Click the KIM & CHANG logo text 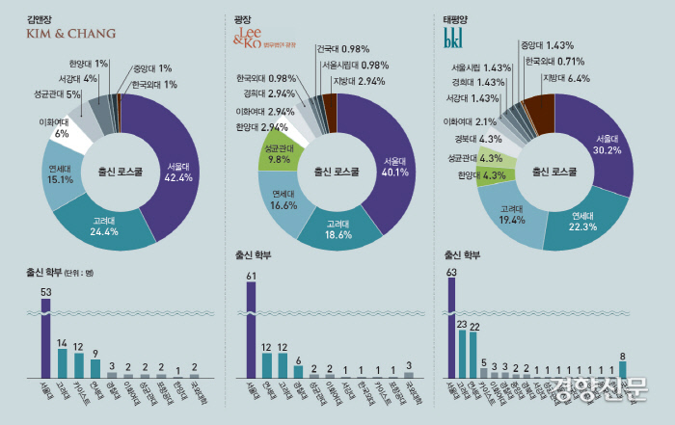[x=70, y=34]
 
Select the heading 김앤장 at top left [x=40, y=16]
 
